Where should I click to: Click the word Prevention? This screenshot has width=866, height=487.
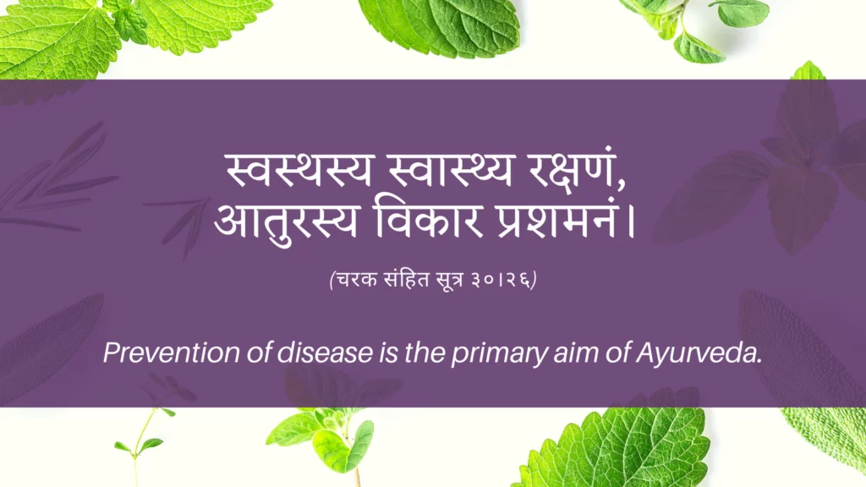[x=171, y=353]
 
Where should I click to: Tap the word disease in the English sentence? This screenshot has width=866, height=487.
[x=325, y=353]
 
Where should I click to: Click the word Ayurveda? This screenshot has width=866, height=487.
[x=699, y=353]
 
